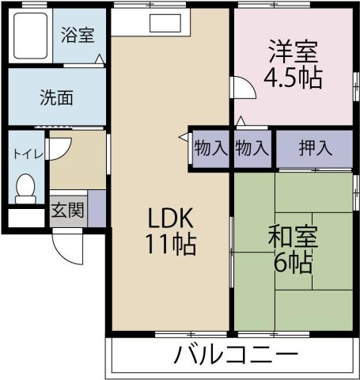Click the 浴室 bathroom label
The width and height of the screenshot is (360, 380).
[x=77, y=36]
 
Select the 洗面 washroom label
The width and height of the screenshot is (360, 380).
[x=57, y=98]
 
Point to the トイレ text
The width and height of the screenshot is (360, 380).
[x=26, y=154]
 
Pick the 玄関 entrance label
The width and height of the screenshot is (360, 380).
[x=68, y=211]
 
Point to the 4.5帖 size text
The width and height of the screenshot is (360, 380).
[x=293, y=80]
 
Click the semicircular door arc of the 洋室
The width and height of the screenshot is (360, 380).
[x=243, y=88]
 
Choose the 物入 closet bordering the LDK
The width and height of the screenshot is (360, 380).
[x=210, y=148]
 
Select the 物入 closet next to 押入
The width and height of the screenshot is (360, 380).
[x=252, y=148]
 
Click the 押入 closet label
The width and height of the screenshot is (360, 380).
[x=314, y=148]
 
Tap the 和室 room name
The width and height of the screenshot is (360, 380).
[x=293, y=237]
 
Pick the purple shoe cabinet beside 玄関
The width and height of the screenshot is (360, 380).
[x=96, y=207]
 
